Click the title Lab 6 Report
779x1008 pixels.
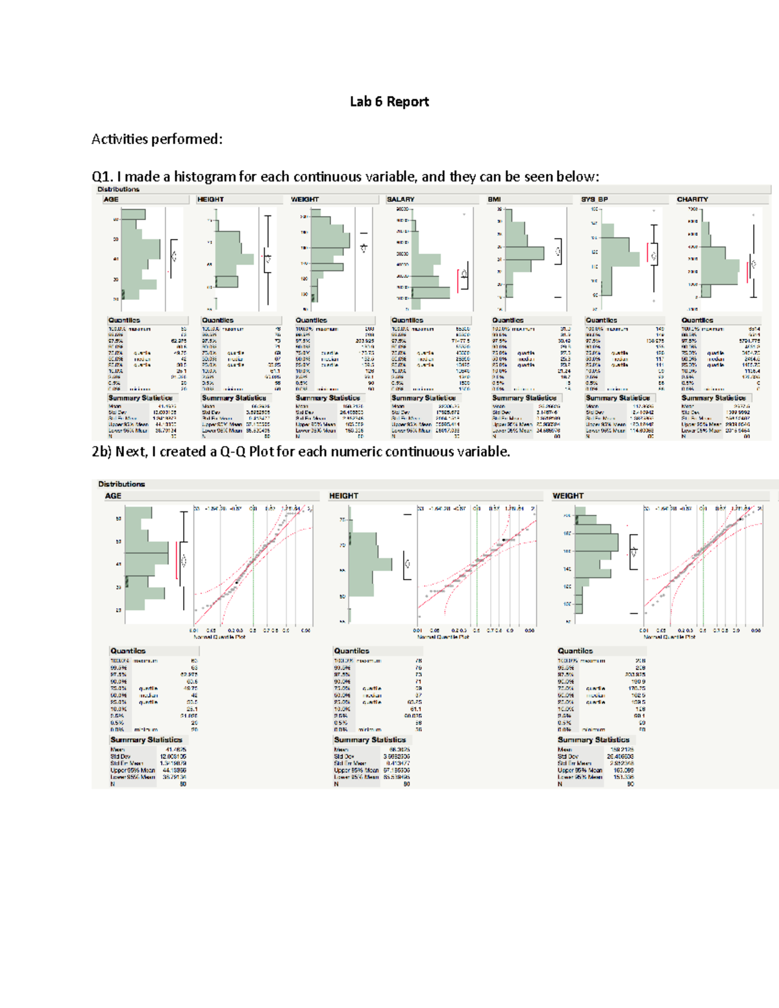click(x=389, y=101)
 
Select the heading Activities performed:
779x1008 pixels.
click(x=156, y=139)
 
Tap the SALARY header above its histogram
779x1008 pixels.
click(x=401, y=199)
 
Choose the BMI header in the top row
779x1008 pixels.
click(x=494, y=199)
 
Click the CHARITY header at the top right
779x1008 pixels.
click(x=692, y=199)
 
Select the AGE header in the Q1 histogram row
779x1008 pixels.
click(x=111, y=199)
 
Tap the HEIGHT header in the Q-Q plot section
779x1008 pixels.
click(x=343, y=496)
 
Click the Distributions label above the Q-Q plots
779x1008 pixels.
click(x=121, y=484)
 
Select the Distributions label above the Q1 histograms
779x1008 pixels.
click(x=118, y=190)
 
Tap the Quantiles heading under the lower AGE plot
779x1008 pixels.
click(x=128, y=651)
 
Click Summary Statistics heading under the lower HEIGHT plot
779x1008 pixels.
click(x=369, y=740)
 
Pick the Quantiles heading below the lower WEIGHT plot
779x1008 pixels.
click(x=575, y=651)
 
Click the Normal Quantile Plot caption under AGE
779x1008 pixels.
click(x=219, y=637)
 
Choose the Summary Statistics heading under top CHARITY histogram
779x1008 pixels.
click(x=713, y=398)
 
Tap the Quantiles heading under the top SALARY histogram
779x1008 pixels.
click(x=407, y=320)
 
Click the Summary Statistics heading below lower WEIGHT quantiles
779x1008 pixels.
click(x=593, y=740)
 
